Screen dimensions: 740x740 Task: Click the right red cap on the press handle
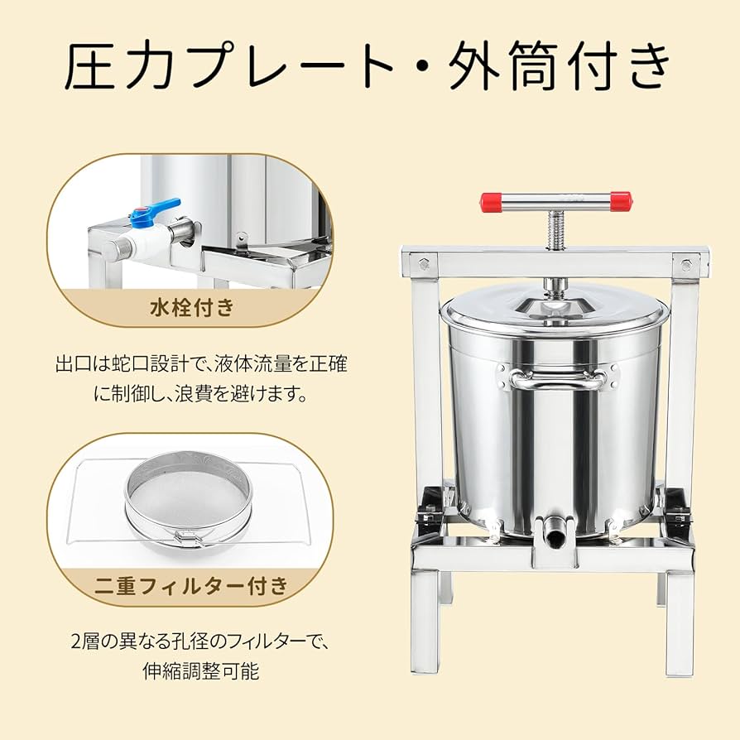(x=620, y=201)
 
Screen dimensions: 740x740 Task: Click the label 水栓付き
(x=192, y=309)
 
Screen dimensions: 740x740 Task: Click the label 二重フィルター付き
(x=192, y=586)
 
